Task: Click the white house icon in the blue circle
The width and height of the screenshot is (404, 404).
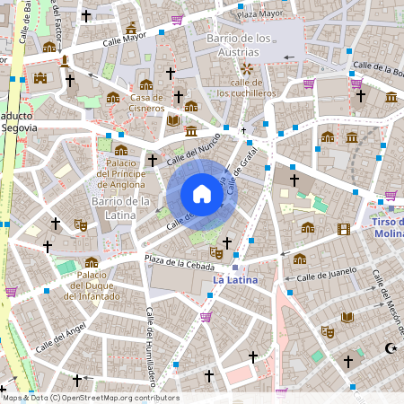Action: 202,194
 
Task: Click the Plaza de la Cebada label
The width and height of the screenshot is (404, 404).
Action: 180,264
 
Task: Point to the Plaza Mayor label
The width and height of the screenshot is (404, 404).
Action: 259,15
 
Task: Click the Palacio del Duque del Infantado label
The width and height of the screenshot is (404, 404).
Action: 91,286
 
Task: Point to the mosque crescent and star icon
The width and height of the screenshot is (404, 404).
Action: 391,347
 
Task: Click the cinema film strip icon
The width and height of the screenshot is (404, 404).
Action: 343,229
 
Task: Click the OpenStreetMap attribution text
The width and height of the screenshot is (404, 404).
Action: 90,398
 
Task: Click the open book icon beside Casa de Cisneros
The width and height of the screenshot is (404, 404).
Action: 173,119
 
